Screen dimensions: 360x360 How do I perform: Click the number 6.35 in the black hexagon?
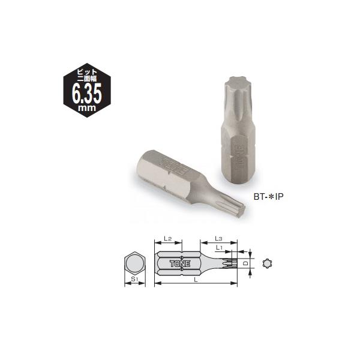click(x=88, y=94)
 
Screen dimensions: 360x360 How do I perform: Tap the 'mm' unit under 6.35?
click(x=88, y=109)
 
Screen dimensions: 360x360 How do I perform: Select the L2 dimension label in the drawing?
click(x=169, y=239)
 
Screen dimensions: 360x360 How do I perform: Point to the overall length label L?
click(x=198, y=280)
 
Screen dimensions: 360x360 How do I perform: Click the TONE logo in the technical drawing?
click(x=179, y=263)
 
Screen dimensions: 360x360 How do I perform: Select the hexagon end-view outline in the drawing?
click(x=135, y=263)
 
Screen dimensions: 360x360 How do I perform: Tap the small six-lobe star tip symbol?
click(x=267, y=263)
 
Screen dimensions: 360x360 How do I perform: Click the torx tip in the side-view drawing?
click(x=233, y=263)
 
